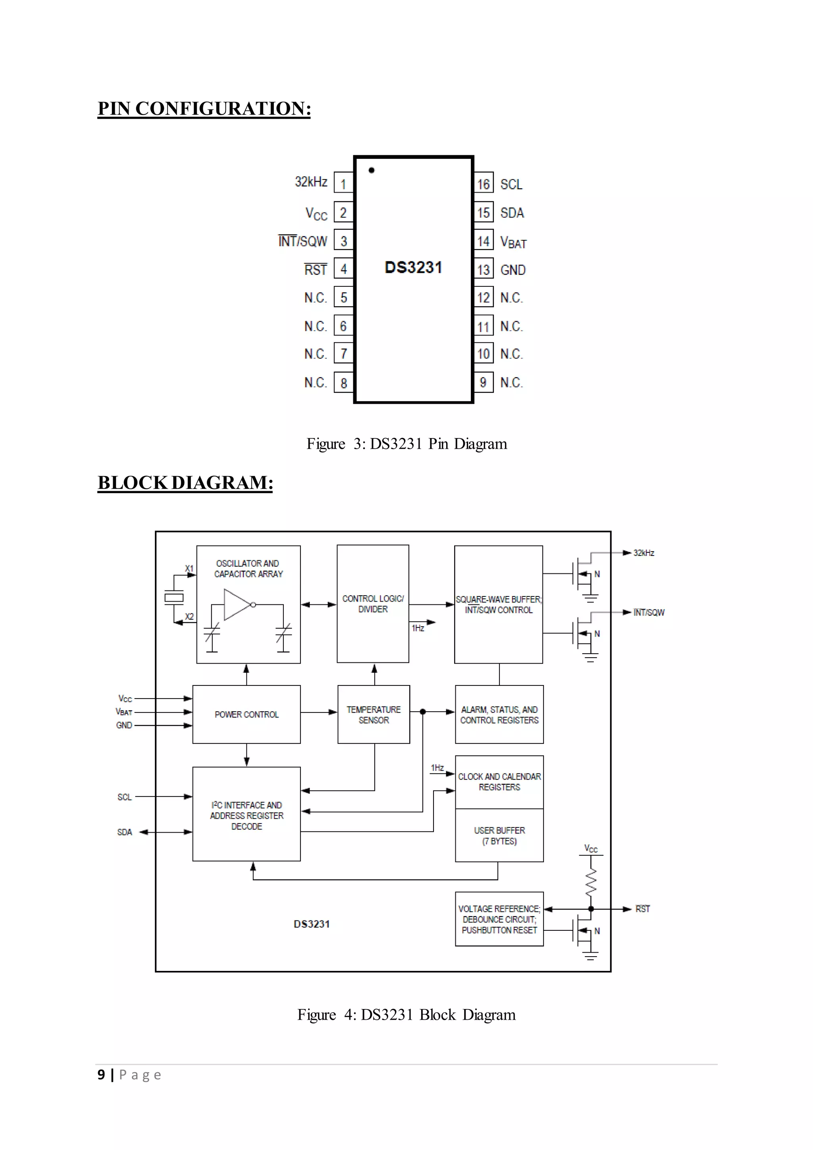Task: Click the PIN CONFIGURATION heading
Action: pyautogui.click(x=204, y=109)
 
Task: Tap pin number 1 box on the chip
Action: pyautogui.click(x=343, y=183)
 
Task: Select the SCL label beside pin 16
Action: pyautogui.click(x=511, y=184)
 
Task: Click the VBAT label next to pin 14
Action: pyautogui.click(x=513, y=242)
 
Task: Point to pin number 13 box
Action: pyautogui.click(x=484, y=270)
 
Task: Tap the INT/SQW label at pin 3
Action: pyautogui.click(x=303, y=241)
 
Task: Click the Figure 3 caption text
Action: pyautogui.click(x=406, y=444)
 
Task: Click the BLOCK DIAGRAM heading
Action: pyautogui.click(x=185, y=483)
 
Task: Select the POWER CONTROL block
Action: pyautogui.click(x=246, y=714)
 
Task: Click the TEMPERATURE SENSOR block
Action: pyautogui.click(x=374, y=715)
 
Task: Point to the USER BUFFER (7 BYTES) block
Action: pyautogui.click(x=499, y=835)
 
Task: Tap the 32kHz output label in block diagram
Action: pyautogui.click(x=644, y=553)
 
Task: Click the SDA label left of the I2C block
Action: pyautogui.click(x=125, y=832)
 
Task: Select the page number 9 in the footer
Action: pyautogui.click(x=102, y=1075)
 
